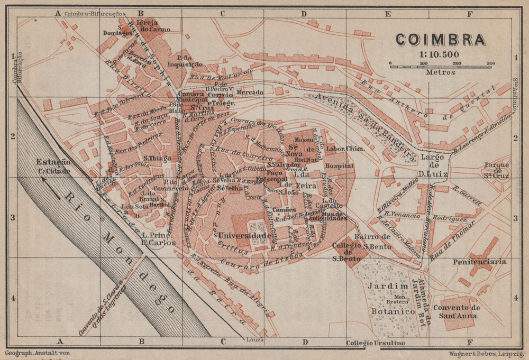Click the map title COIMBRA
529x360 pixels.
[x=440, y=40]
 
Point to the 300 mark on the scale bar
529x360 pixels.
[x=490, y=64]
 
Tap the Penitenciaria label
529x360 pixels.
[x=480, y=261]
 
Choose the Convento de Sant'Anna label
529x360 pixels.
[x=455, y=312]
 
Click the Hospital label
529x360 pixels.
[x=340, y=166]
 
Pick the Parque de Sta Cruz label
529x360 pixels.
[x=496, y=169]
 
